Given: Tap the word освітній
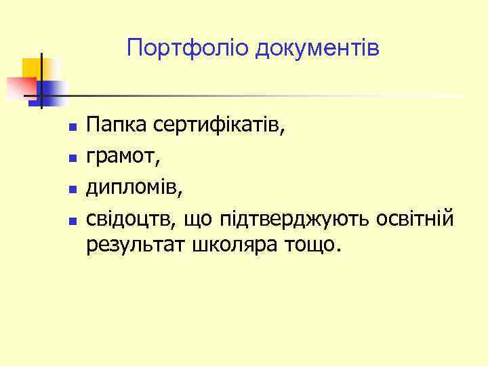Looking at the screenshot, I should tap(418, 220).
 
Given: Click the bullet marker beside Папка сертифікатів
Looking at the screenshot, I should tap(71, 127).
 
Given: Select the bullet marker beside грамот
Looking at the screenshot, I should tap(71, 159).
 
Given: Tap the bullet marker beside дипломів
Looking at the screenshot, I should tap(71, 190).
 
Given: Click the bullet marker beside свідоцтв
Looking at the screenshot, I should tap(71, 221).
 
